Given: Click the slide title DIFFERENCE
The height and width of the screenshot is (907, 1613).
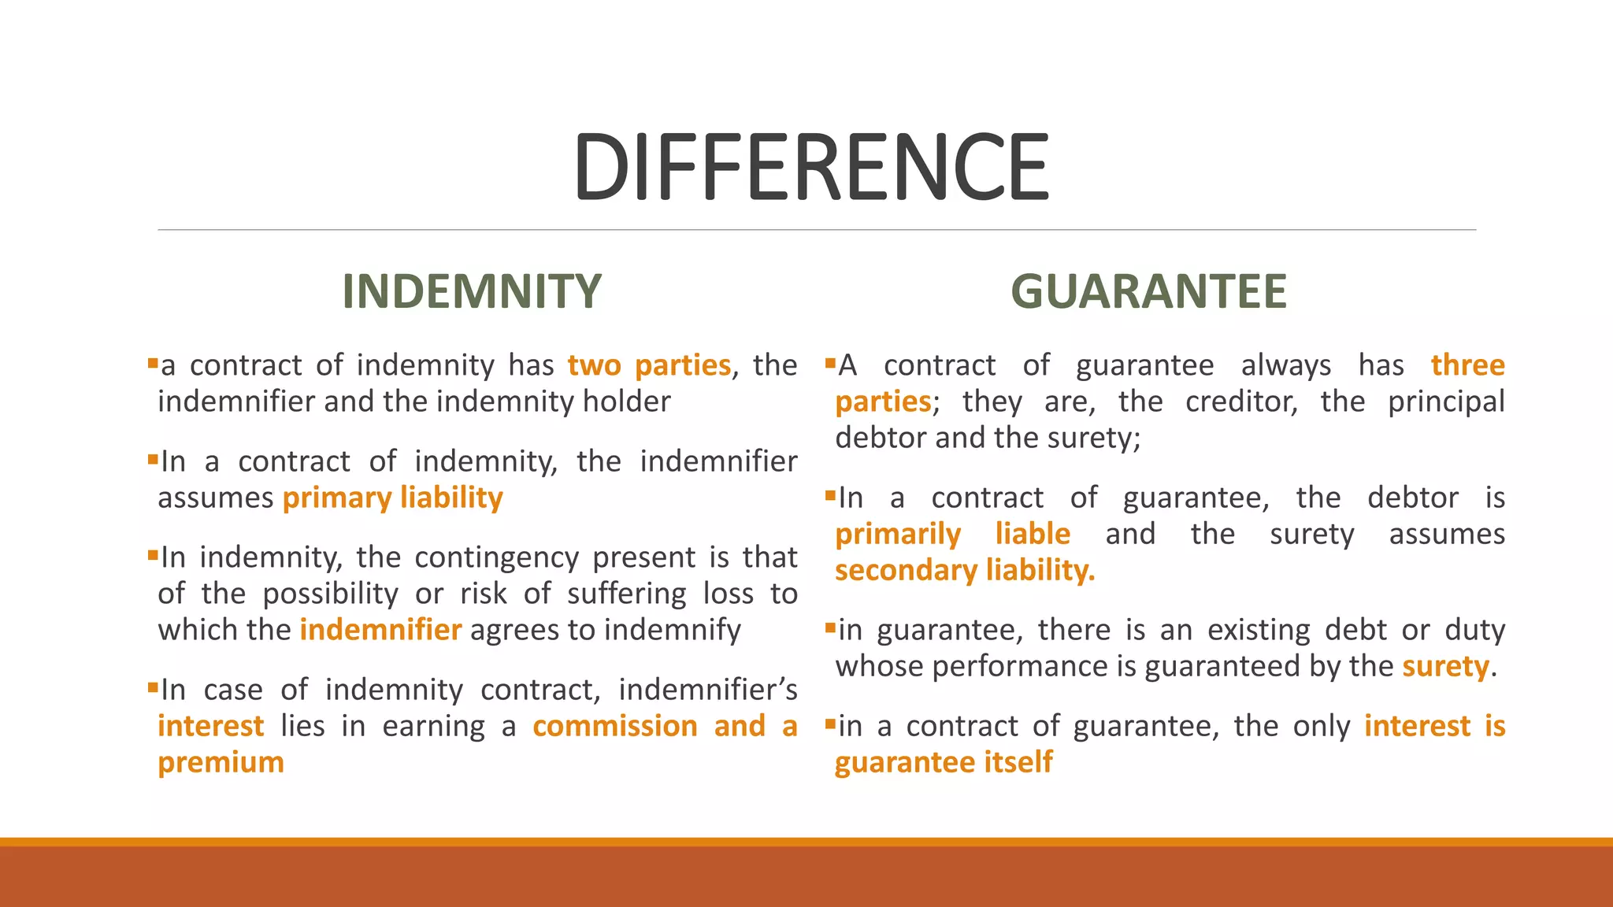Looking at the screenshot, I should (811, 167).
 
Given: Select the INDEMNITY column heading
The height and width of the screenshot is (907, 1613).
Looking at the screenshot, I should (472, 291).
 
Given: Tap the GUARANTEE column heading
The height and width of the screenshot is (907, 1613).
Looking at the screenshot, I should (1148, 291).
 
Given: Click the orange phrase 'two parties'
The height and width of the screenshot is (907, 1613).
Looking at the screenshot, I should (649, 365).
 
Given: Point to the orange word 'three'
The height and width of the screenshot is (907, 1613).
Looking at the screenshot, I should (1467, 365).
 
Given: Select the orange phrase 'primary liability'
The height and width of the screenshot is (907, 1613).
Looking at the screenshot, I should (392, 498).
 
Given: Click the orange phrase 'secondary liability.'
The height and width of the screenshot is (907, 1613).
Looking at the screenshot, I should (965, 570).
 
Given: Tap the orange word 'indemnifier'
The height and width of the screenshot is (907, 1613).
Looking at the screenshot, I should (380, 630).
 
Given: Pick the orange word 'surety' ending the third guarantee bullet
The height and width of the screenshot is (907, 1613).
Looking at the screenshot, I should (1445, 667).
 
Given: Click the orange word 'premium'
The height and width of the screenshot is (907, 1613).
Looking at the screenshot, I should (221, 762).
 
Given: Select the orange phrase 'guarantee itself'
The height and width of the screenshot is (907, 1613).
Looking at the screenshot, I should (944, 762).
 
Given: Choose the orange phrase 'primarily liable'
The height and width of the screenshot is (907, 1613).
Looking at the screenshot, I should (952, 534).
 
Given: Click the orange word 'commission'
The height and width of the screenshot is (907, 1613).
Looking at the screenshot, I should (615, 726).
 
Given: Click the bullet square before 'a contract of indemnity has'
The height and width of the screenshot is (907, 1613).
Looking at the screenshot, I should (153, 363).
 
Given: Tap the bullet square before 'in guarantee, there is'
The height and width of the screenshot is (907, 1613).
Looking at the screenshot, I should (830, 627).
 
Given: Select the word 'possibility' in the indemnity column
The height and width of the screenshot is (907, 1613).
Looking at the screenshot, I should (331, 594).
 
